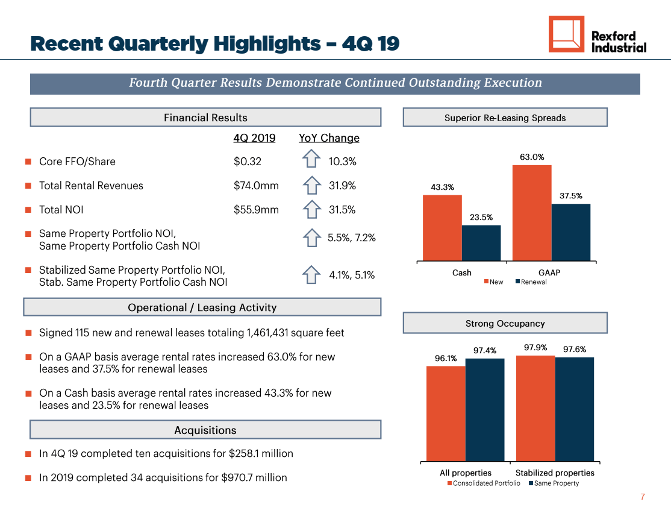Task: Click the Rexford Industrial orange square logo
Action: [x=566, y=34]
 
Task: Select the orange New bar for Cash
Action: [x=442, y=228]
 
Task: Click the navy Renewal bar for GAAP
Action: [x=571, y=232]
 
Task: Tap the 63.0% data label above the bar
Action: [x=532, y=157]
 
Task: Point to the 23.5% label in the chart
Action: [x=481, y=217]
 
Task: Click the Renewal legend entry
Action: [x=531, y=282]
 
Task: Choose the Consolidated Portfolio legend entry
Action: [x=484, y=483]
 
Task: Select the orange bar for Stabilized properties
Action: [x=535, y=409]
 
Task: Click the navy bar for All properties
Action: [x=485, y=410]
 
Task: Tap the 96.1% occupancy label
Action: [x=446, y=359]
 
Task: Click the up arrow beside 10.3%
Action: [x=311, y=159]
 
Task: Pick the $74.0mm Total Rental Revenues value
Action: [x=256, y=186]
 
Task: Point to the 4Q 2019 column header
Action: [x=254, y=138]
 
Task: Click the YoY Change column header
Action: [x=329, y=138]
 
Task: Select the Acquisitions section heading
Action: [x=205, y=430]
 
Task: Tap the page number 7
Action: [x=642, y=497]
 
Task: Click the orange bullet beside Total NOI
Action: [x=28, y=210]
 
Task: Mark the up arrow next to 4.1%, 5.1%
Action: [x=311, y=274]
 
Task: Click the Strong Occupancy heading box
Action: [x=505, y=323]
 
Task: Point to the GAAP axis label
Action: [x=549, y=273]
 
